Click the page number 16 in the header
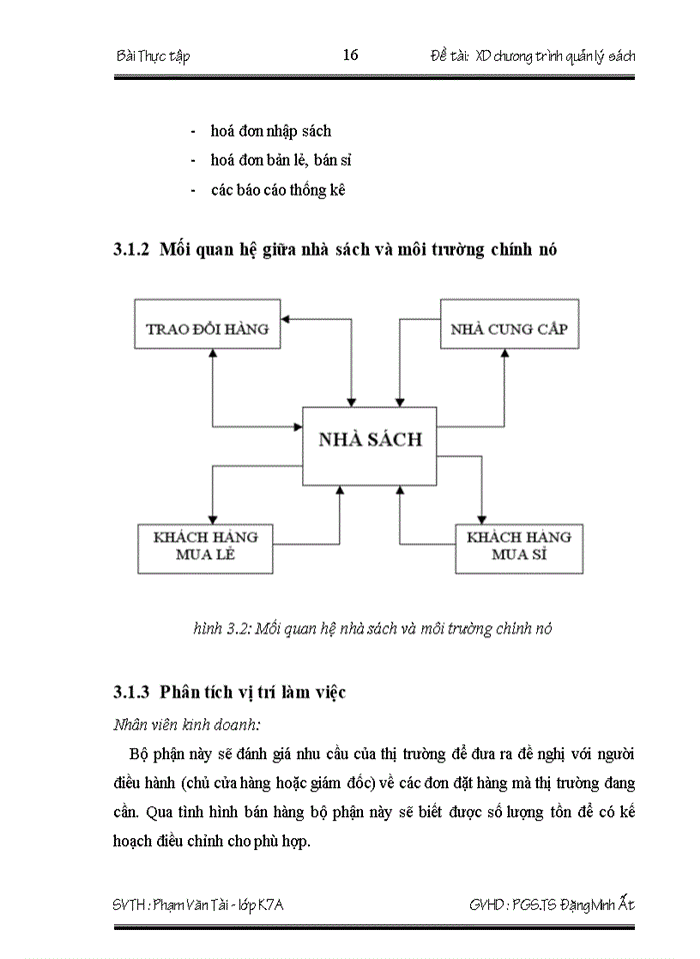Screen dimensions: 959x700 (350, 55)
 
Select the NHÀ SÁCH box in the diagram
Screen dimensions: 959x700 (370, 439)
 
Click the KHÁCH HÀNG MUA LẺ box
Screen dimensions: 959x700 (205, 545)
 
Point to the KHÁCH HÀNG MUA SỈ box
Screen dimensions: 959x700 (518, 545)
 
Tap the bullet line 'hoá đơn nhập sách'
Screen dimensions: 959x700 (270, 131)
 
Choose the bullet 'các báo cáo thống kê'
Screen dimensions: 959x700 (277, 189)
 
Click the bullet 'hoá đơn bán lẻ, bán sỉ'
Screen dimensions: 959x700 (280, 160)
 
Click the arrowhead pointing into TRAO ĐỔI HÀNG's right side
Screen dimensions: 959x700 (288, 320)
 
